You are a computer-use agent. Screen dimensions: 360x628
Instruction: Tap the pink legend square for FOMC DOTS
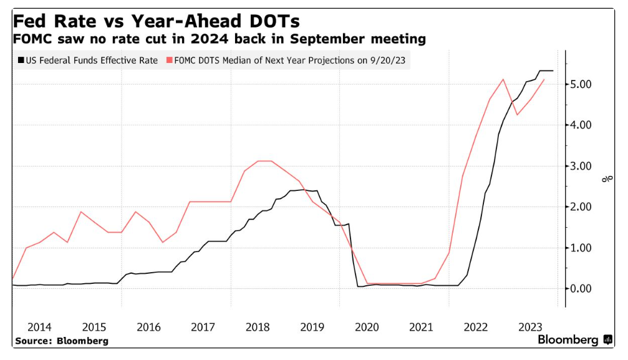(x=168, y=61)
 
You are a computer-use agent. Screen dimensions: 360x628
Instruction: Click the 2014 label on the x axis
(x=39, y=327)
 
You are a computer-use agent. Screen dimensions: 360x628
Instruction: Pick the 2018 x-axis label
(x=257, y=327)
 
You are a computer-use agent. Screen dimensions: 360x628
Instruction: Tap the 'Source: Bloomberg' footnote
(x=61, y=341)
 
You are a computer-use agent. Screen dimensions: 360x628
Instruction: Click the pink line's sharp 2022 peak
(x=503, y=79)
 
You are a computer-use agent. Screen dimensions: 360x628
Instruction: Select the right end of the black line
(x=553, y=71)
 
